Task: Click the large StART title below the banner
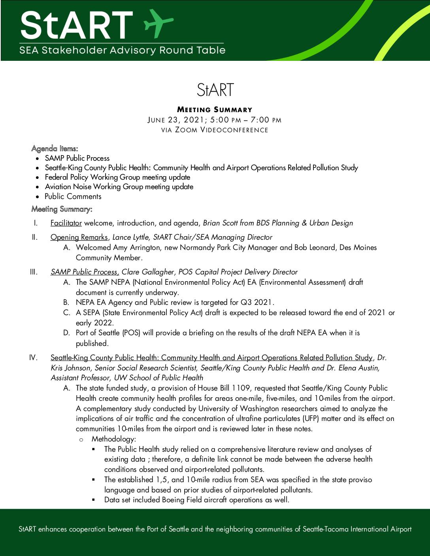(215, 90)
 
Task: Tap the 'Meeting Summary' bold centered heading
(215, 110)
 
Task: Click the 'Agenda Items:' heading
(55, 148)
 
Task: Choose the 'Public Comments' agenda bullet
(73, 196)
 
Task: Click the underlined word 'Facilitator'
(66, 223)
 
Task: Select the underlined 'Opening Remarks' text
(79, 237)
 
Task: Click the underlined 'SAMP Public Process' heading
(84, 272)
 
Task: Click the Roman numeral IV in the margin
(33, 358)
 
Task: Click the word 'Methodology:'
(114, 439)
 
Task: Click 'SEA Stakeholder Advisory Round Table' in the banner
(122, 51)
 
